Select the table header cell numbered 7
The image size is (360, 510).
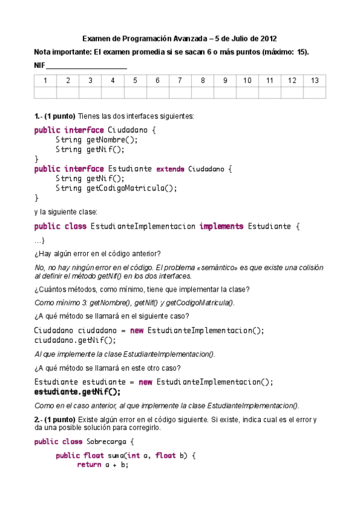180,81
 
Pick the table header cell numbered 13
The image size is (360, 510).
315,81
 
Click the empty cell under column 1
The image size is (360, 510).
45,92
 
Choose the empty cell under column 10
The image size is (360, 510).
248,92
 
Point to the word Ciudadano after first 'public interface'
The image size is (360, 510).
129,130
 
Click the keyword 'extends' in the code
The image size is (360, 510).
170,169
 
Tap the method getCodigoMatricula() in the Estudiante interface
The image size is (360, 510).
132,188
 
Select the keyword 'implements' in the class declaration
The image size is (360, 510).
221,226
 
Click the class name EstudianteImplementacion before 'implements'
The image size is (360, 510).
142,226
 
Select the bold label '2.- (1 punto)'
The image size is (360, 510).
55,419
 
